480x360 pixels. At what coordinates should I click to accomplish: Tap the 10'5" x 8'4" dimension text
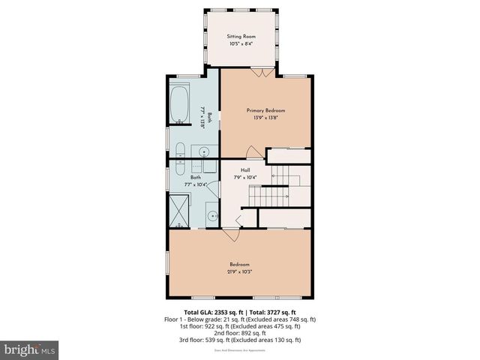point(241,43)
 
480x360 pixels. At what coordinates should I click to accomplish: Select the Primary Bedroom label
point(265,110)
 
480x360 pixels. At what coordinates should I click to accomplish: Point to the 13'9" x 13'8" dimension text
point(265,118)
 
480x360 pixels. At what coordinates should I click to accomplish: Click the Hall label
point(244,170)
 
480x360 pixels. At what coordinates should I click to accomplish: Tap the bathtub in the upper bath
point(180,106)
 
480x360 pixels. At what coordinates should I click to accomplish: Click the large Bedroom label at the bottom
point(239,264)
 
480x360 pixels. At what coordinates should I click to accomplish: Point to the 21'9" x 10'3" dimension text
point(239,271)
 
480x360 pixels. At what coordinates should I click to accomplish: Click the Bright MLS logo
point(30,349)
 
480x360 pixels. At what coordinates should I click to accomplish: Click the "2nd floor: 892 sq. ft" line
point(240,333)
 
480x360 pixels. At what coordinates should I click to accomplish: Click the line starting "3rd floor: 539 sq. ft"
point(240,340)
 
